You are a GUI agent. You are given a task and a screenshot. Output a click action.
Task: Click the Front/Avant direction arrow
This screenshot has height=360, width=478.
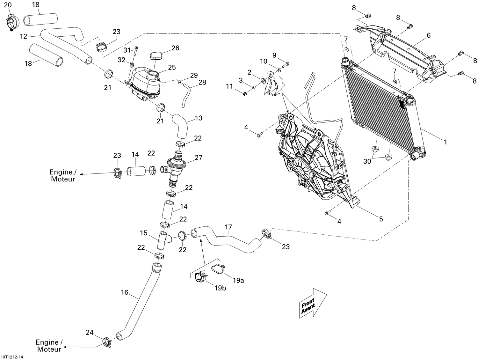pyautogui.click(x=312, y=303)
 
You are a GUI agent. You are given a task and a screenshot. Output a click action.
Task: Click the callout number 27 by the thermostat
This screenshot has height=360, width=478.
pyautogui.click(x=199, y=158)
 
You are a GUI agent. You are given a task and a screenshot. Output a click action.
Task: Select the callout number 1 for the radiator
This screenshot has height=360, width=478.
pyautogui.click(x=445, y=142)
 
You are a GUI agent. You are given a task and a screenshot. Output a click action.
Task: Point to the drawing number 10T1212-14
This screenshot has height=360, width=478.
pyautogui.click(x=12, y=356)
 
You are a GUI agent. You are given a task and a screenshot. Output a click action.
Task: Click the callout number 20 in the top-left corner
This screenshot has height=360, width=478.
pyautogui.click(x=8, y=5)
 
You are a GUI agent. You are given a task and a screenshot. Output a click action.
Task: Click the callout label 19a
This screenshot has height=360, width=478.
pyautogui.click(x=238, y=281)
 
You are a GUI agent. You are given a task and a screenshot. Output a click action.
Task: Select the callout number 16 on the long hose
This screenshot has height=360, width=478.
pyautogui.click(x=125, y=292)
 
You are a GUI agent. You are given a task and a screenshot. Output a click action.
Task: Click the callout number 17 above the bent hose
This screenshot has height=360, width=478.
pyautogui.click(x=228, y=227)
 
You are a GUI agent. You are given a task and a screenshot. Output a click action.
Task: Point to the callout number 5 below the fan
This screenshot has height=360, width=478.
pyautogui.click(x=381, y=219)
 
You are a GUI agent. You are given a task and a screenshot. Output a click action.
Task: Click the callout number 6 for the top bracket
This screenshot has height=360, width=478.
pyautogui.click(x=429, y=35)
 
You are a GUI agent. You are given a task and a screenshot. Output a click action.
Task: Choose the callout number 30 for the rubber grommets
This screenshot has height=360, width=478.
pyautogui.click(x=367, y=161)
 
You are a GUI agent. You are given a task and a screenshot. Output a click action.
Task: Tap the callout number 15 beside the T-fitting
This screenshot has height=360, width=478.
pyautogui.click(x=144, y=233)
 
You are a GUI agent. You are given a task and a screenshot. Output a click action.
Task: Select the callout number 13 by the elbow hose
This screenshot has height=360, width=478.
pyautogui.click(x=198, y=118)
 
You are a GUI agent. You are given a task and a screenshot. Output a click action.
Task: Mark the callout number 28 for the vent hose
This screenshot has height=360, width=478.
pyautogui.click(x=202, y=83)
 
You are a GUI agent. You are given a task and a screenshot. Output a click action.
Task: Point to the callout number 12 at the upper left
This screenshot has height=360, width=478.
pyautogui.click(x=24, y=37)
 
